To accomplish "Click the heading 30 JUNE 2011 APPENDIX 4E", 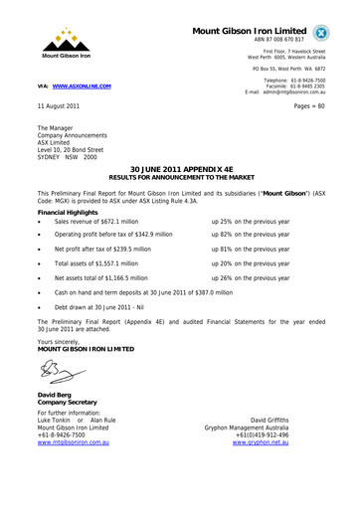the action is [x=180, y=169].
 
